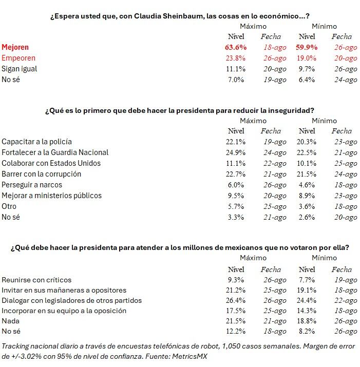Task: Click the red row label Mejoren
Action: pos(15,47)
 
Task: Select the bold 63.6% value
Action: pos(236,47)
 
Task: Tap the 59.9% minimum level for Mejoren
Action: pos(307,47)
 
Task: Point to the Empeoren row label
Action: pos(18,58)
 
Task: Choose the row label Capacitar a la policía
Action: pos(36,142)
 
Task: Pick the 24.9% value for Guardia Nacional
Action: pos(236,152)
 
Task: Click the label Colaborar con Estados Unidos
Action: pos(51,163)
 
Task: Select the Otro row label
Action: pos(9,206)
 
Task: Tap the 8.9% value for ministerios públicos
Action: pos(307,196)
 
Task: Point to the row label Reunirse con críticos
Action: pos(36,280)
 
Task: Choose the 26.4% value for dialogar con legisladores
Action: pos(236,301)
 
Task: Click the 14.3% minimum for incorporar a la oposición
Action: pos(307,311)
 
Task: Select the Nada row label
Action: pos(10,321)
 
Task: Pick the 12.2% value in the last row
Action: pos(236,332)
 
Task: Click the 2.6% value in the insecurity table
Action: pos(307,217)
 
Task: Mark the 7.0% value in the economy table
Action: pos(236,80)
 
